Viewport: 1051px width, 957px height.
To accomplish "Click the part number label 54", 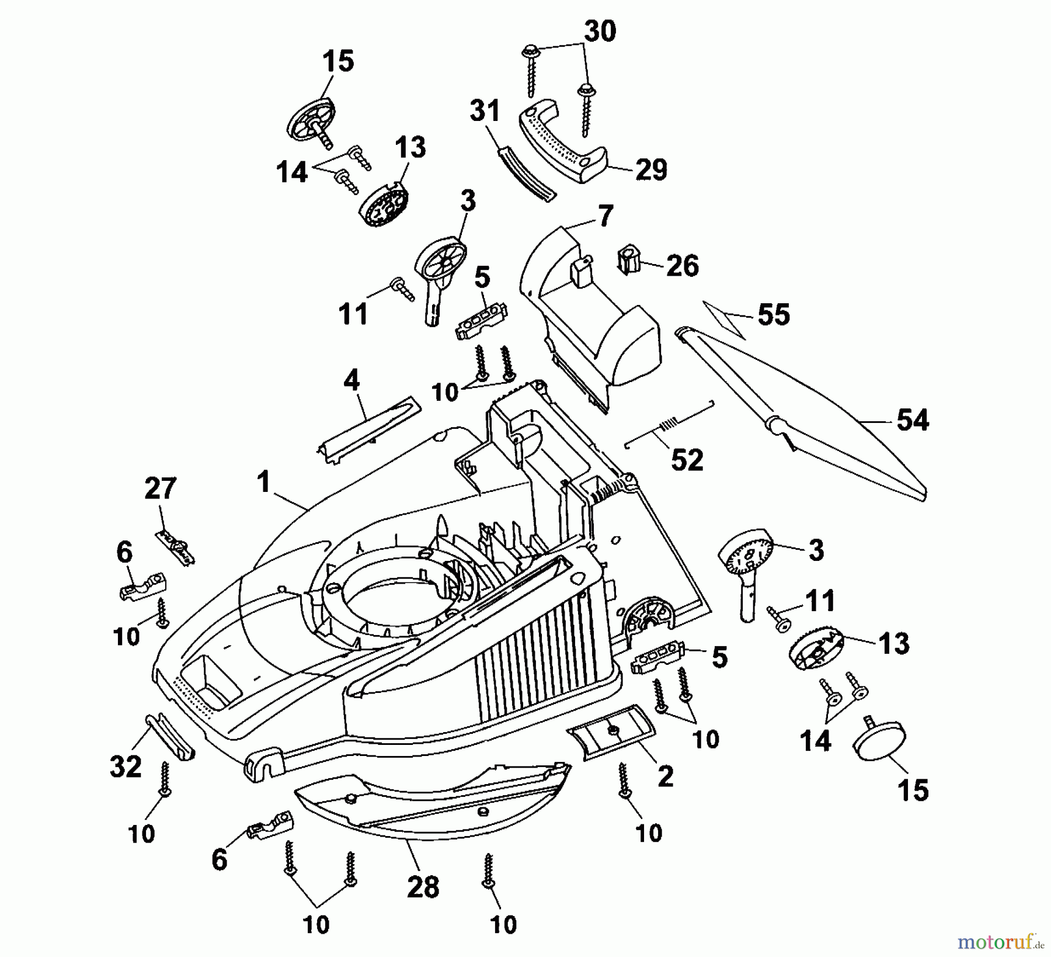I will (x=913, y=421).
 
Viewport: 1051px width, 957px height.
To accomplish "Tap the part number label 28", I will (x=423, y=888).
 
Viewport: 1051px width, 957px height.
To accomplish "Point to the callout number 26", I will (x=682, y=266).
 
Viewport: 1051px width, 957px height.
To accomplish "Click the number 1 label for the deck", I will (x=264, y=483).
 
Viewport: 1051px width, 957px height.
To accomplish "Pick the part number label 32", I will (x=126, y=767).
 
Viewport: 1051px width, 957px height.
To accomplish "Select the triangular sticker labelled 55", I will (x=724, y=319).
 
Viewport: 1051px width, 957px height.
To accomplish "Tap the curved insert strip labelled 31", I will (x=527, y=175).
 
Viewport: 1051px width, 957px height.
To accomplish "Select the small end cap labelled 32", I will (x=169, y=737).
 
